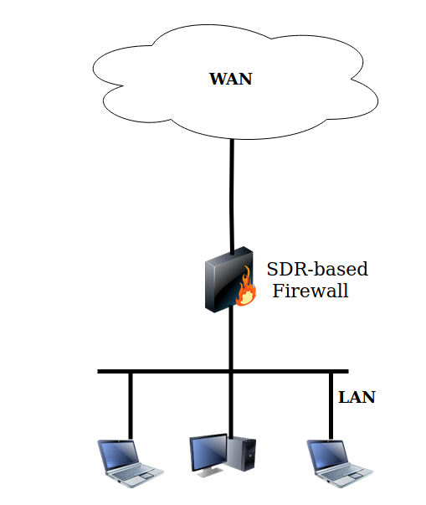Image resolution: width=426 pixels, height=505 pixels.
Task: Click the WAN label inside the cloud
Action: (230, 80)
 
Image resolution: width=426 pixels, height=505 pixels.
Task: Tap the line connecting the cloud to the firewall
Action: (232, 193)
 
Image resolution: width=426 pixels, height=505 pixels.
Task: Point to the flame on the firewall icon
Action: (245, 288)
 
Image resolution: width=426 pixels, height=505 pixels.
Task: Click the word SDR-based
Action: (317, 270)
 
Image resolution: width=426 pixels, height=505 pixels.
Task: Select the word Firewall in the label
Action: (311, 292)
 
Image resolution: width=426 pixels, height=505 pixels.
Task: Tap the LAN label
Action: (357, 397)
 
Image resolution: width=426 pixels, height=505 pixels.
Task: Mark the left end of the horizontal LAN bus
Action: (100, 371)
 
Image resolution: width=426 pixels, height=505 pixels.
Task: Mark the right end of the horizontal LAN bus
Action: (345, 371)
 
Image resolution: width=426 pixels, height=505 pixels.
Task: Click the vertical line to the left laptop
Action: (131, 405)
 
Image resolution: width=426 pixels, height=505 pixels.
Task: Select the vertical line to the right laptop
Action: (331, 405)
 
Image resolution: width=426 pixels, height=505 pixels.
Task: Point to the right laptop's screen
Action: (327, 455)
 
